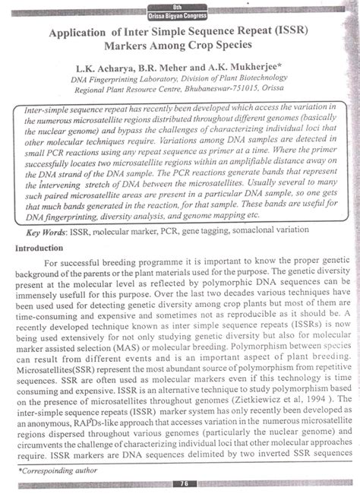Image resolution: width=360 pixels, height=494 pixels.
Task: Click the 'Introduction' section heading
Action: tap(43, 248)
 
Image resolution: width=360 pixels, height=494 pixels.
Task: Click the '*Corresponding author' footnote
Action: tap(55, 471)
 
